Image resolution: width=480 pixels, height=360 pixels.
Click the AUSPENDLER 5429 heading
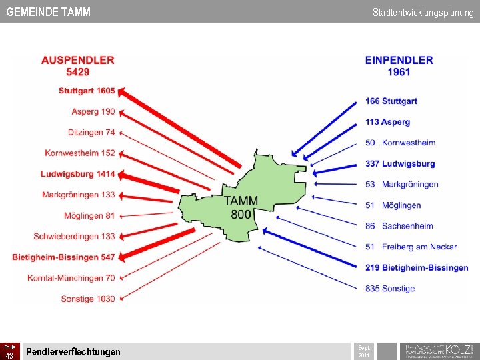(x=77, y=65)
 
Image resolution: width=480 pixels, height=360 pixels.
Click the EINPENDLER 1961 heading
(x=399, y=65)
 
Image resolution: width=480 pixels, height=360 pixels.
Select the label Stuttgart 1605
(x=87, y=91)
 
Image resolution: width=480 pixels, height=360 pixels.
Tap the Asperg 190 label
(x=93, y=111)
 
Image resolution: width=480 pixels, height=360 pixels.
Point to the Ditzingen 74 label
(x=91, y=132)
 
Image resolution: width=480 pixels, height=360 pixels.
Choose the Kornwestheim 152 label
(x=80, y=153)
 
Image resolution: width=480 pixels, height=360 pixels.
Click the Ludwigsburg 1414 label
(x=77, y=174)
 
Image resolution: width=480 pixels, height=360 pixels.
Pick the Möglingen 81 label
(x=89, y=215)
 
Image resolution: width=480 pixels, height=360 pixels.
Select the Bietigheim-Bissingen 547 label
(x=63, y=257)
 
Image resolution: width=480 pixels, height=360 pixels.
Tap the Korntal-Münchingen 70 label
(x=71, y=277)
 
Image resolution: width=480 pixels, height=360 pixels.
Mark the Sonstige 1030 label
(x=88, y=299)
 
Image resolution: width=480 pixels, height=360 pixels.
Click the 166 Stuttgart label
(x=391, y=101)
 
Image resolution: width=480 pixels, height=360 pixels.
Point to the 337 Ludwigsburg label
(x=400, y=163)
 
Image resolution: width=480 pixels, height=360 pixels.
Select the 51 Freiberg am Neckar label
(x=411, y=247)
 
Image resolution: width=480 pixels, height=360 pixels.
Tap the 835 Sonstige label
(x=390, y=289)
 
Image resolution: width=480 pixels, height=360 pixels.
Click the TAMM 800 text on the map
(x=241, y=207)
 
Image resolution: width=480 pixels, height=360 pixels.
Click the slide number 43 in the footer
(x=9, y=355)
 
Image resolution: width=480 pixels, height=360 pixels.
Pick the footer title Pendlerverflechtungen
(x=73, y=352)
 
